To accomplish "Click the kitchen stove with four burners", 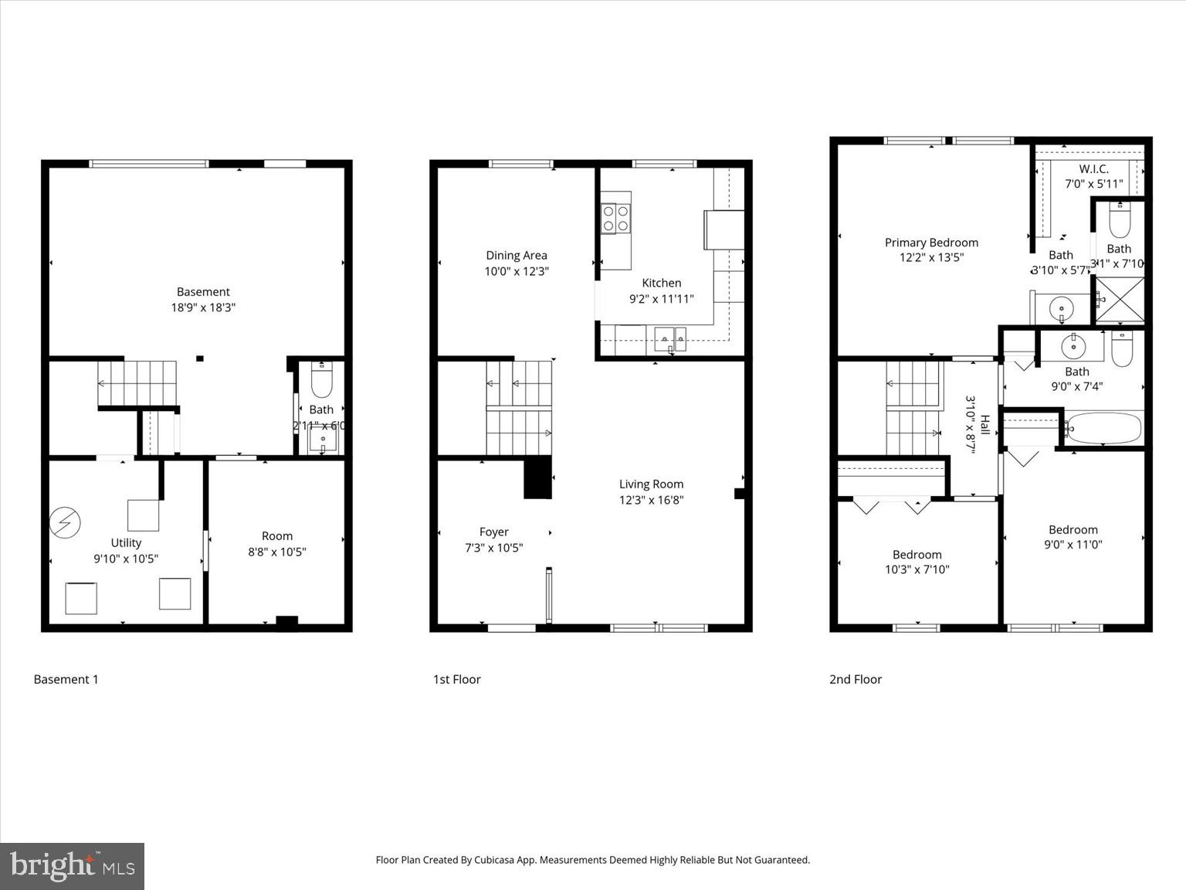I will point(615,218).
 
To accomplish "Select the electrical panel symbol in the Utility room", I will point(65,523).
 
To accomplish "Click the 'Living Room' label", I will point(651,484).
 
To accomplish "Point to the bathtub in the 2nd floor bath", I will point(1103,428).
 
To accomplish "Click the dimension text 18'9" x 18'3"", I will point(203,307).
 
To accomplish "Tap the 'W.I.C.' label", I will point(1093,169).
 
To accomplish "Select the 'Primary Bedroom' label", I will point(931,243).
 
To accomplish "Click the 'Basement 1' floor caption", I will point(66,679).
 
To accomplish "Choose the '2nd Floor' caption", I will point(856,679).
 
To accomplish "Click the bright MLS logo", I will point(72,866).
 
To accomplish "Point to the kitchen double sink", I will point(669,338).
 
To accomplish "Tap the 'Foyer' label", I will point(494,532).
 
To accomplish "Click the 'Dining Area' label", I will point(517,256).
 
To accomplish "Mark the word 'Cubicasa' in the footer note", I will point(495,860).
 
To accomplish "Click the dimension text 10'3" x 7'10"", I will point(917,570).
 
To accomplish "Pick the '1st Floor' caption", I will point(457,679).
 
